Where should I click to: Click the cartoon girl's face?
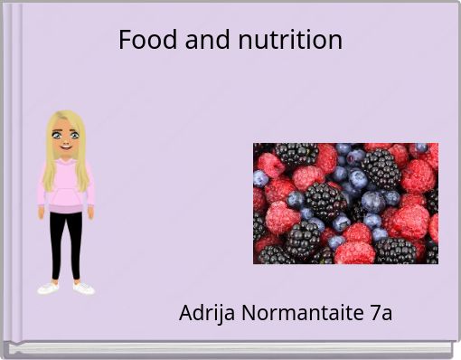[x=64, y=140]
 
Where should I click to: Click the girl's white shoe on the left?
[x=49, y=289]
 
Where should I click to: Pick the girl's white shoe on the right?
[x=83, y=289]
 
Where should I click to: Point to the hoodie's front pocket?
[x=65, y=198]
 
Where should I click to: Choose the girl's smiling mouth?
[x=64, y=149]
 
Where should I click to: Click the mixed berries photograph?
[x=345, y=204]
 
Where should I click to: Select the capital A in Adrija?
[x=186, y=314]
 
